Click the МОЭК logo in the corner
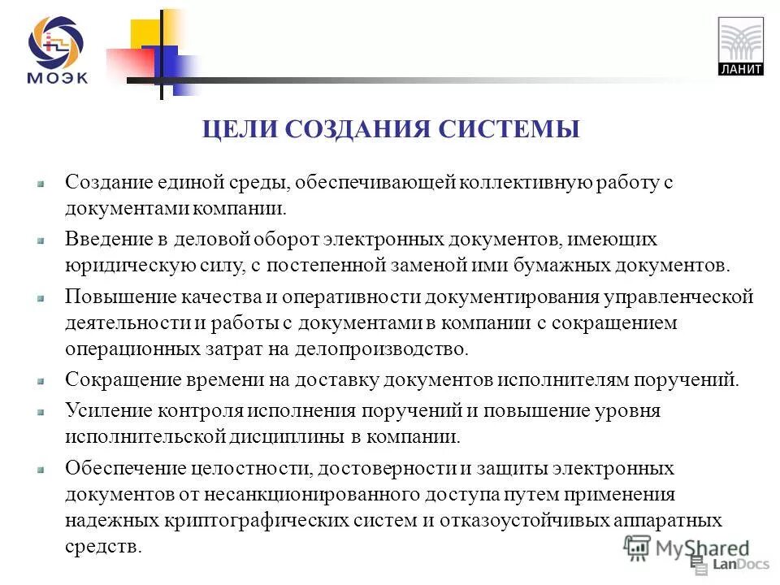click(x=58, y=50)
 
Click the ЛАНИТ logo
click(x=741, y=46)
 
